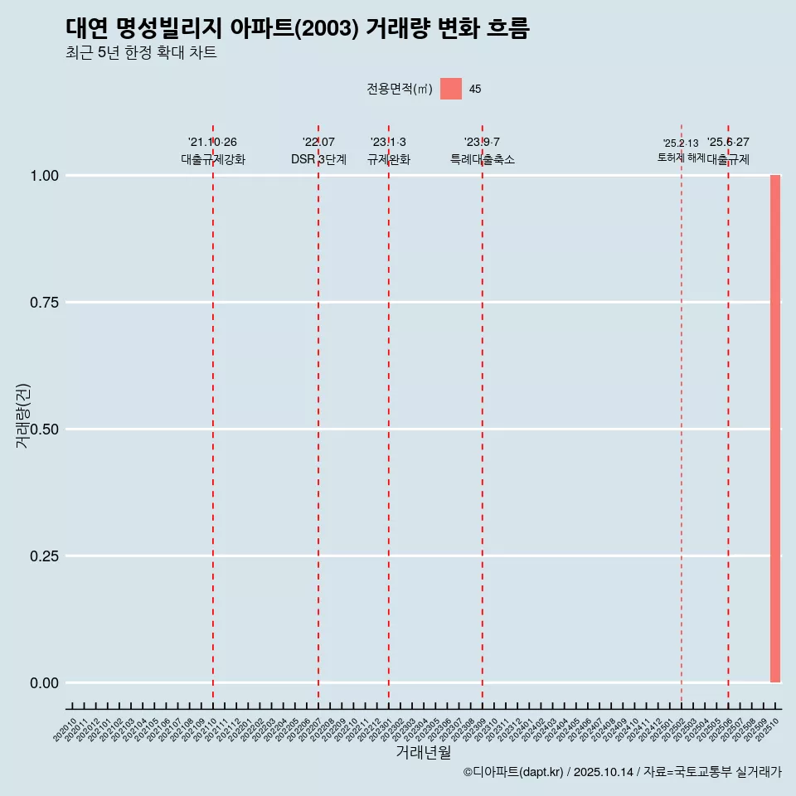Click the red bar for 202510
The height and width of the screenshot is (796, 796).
click(x=775, y=429)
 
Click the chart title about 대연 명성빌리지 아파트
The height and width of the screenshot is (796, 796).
click(x=297, y=29)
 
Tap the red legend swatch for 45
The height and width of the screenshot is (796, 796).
click(x=451, y=89)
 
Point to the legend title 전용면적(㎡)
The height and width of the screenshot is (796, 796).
click(x=399, y=89)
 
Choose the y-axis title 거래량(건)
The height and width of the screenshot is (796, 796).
click(x=22, y=415)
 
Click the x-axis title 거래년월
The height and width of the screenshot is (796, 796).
click(x=423, y=753)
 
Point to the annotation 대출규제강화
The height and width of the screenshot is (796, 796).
click(x=213, y=159)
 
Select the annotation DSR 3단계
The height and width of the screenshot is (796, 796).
click(x=318, y=159)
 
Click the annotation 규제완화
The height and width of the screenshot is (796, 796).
click(x=389, y=159)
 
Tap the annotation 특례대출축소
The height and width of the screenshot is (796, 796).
click(x=483, y=159)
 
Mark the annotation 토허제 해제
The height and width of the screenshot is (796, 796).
click(x=681, y=157)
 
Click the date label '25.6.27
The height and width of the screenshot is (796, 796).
click(x=728, y=143)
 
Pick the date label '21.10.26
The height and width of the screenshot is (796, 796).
click(x=213, y=143)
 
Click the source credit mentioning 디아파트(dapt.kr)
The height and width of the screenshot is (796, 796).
click(x=622, y=772)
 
